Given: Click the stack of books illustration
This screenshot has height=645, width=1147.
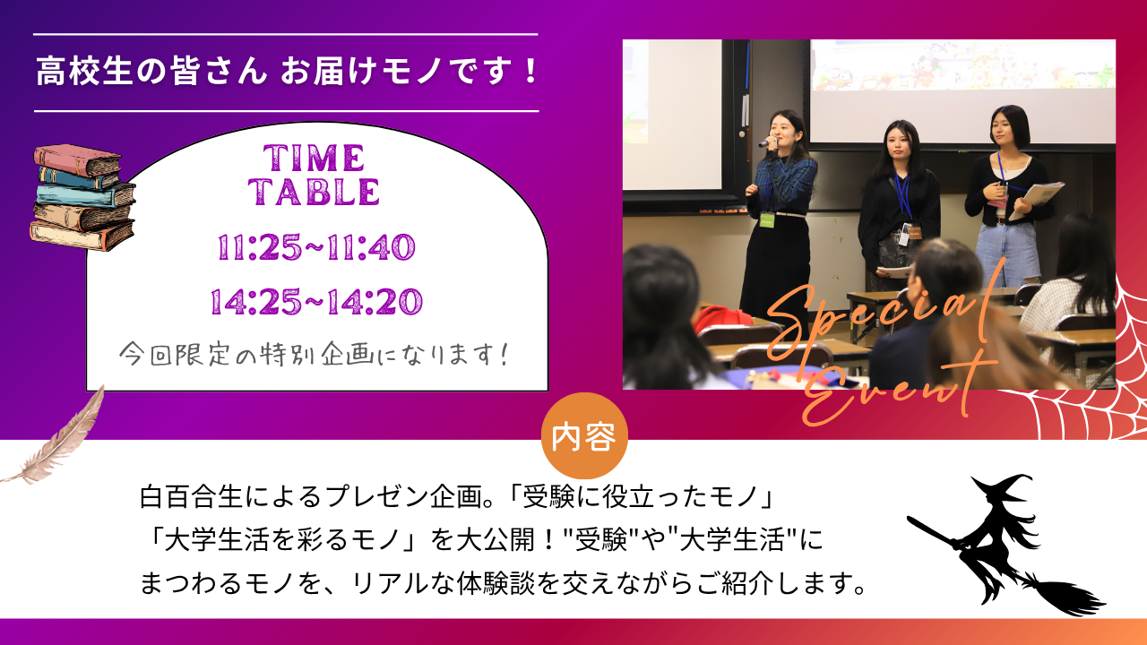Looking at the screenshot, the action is click(x=83, y=197).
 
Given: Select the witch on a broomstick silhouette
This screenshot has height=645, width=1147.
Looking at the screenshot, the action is click(x=1004, y=546).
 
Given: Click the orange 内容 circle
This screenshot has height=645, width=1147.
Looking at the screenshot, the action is click(x=584, y=435).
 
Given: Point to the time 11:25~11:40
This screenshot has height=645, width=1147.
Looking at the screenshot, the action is click(x=316, y=247).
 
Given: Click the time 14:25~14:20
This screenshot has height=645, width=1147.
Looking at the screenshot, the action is click(x=316, y=301).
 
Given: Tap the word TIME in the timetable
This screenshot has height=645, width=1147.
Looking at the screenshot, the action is click(x=314, y=158).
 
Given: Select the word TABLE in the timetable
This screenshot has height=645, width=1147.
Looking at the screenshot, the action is click(x=314, y=192).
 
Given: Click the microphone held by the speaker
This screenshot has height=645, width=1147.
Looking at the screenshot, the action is click(x=765, y=142).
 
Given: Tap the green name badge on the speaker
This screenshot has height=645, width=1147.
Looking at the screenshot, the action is click(x=766, y=220).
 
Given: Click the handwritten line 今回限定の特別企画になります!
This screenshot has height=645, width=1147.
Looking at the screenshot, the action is click(x=315, y=354).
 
